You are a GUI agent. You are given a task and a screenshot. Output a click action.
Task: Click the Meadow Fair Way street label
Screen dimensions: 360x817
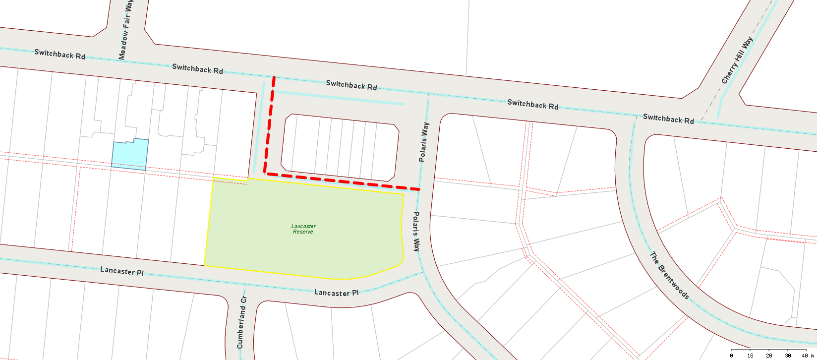(125, 30)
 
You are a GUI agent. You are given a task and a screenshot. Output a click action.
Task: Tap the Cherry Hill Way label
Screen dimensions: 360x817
(737, 60)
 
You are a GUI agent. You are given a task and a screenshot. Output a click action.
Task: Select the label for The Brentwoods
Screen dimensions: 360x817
(669, 276)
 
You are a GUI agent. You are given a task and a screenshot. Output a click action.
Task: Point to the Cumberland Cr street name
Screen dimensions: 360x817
(242, 322)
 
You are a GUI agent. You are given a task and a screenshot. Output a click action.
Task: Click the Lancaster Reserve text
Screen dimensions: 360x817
(303, 229)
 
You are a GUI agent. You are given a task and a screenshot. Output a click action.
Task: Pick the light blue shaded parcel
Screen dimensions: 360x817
(130, 155)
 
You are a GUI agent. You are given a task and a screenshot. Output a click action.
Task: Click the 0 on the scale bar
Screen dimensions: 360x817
(732, 356)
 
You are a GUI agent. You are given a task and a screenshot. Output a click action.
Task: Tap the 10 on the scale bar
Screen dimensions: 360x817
(750, 356)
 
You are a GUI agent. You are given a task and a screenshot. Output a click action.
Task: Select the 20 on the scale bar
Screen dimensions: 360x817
(769, 356)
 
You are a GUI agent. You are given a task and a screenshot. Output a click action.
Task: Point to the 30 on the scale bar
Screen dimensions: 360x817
(788, 356)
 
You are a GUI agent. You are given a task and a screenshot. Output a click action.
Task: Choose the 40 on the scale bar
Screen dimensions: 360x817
(805, 356)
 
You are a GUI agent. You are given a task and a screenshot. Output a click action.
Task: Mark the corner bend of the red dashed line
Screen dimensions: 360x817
(266, 174)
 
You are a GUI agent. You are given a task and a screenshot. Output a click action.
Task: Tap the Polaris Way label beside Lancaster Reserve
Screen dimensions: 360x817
(416, 232)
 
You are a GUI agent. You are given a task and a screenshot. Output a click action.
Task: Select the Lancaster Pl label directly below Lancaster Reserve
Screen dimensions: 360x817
(336, 293)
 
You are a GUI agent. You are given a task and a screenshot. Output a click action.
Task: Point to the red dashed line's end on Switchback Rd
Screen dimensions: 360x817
(274, 77)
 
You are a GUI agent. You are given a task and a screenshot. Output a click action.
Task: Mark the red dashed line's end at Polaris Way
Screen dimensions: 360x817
(419, 189)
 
